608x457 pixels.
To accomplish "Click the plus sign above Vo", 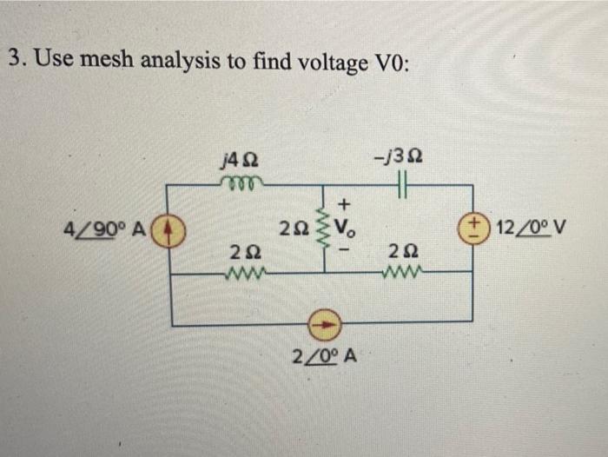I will point(345,205).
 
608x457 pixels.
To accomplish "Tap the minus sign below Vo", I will point(344,254).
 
